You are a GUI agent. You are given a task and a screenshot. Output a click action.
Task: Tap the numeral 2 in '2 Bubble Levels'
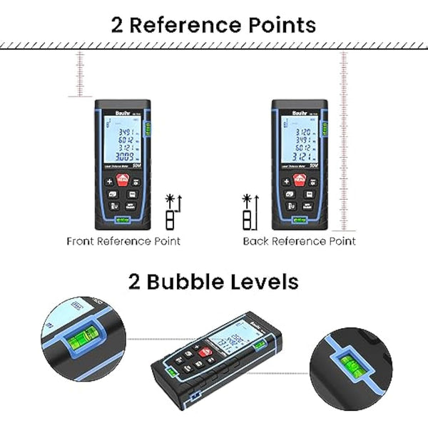tap(136, 281)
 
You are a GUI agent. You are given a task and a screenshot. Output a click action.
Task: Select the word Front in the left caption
tap(83, 241)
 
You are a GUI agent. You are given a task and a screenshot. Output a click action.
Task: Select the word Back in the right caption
tap(255, 241)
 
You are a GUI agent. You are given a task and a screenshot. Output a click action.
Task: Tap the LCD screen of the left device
tap(121, 139)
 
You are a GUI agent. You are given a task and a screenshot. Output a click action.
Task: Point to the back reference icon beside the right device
tap(248, 211)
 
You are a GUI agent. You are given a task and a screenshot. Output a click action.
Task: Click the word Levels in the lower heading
tap(261, 281)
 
